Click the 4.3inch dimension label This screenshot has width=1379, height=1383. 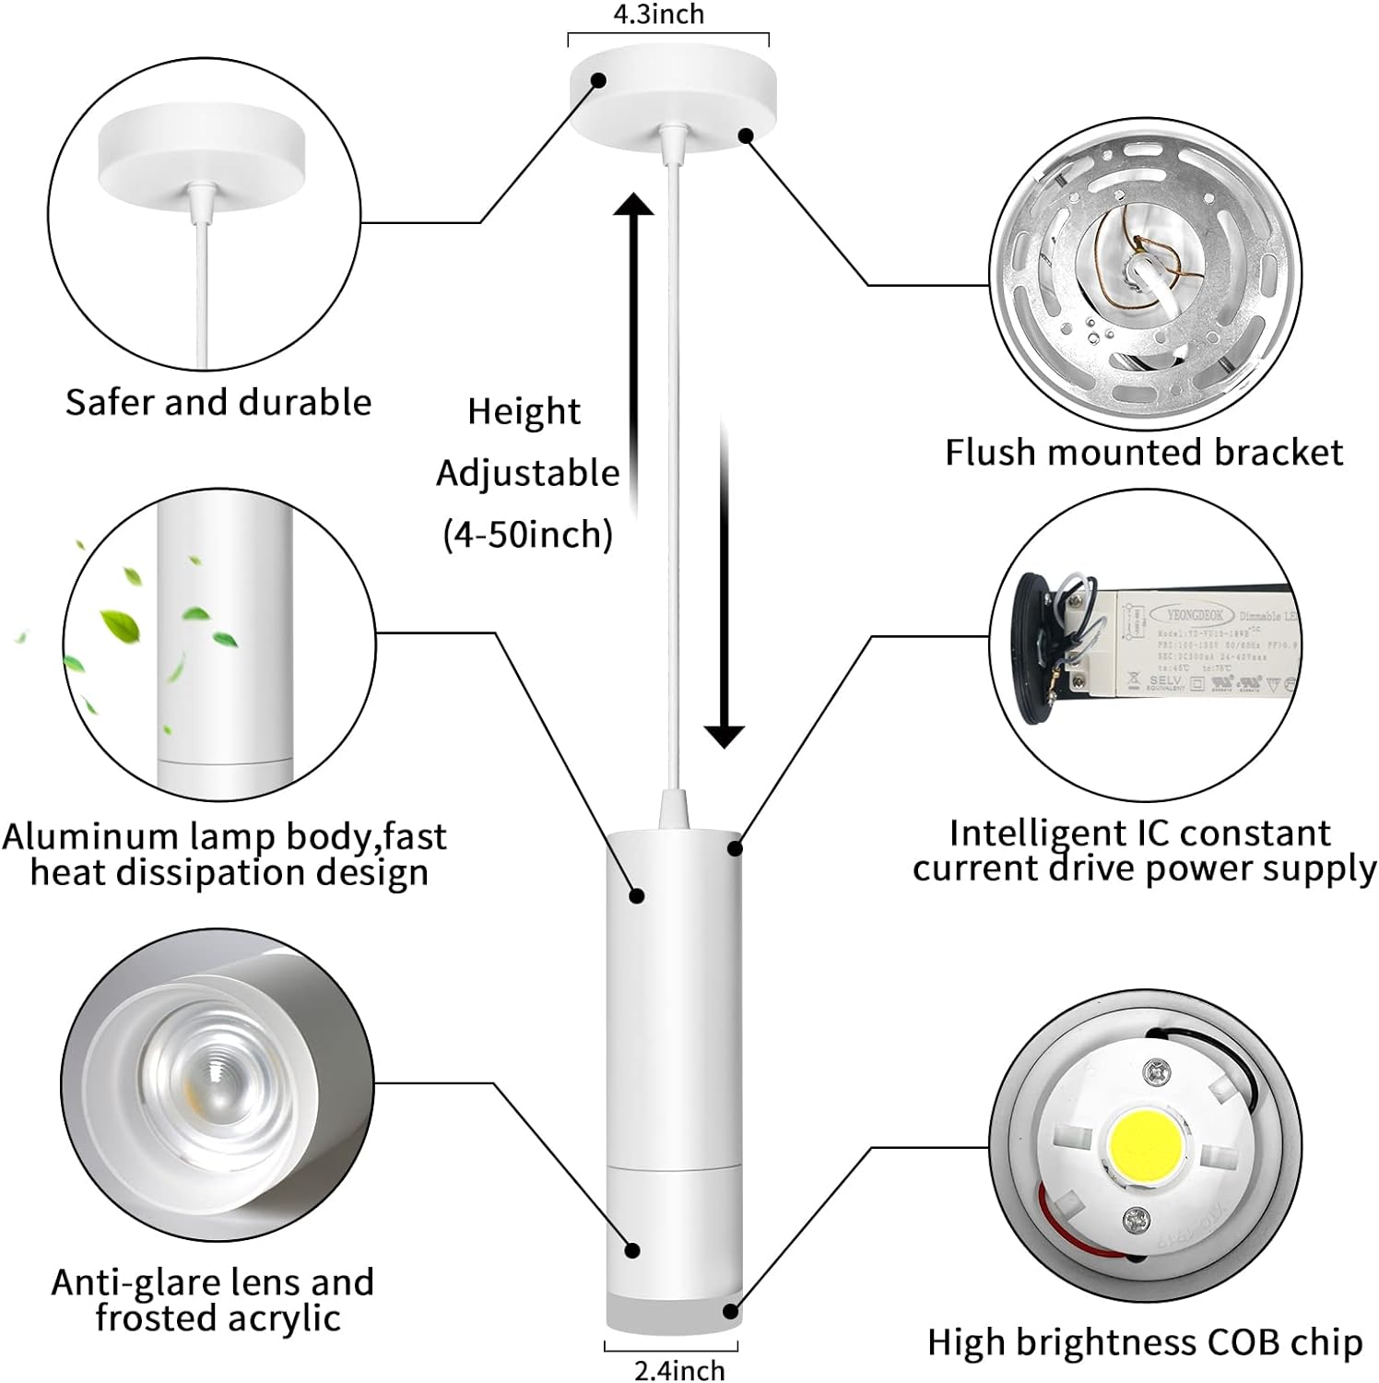coord(658,14)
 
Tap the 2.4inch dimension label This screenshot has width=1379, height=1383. coord(678,1369)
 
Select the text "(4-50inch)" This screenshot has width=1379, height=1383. coord(528,534)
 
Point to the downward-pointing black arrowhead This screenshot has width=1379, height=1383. coord(725,736)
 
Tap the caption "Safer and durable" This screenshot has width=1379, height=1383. coord(218,403)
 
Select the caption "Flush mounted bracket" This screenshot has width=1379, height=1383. coord(1144,453)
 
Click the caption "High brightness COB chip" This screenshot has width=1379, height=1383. coord(1145,1342)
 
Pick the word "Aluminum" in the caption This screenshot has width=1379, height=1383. coord(90,836)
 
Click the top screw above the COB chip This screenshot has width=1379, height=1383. coord(1156,1071)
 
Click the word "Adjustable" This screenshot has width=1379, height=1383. coord(527,473)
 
